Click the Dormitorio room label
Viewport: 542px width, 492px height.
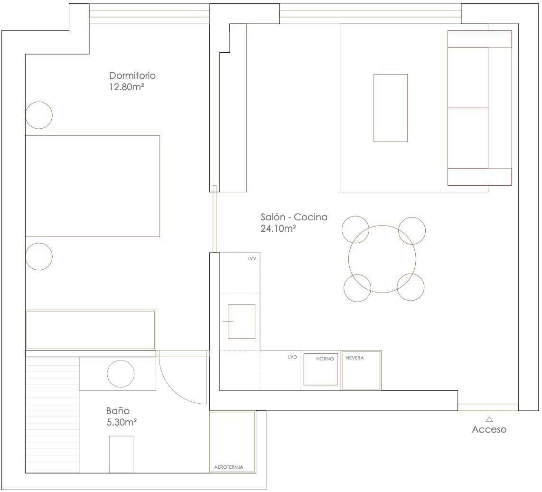(x=132, y=76)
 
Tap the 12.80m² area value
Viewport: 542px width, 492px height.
(x=126, y=87)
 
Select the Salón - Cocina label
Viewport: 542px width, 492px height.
(x=294, y=217)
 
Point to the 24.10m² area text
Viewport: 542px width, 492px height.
(x=278, y=228)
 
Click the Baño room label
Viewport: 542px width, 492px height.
(x=118, y=411)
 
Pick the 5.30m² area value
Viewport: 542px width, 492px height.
(x=121, y=422)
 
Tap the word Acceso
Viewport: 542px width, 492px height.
(x=489, y=429)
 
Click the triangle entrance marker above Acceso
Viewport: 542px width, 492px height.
(x=489, y=419)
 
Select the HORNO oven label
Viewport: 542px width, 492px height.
(x=325, y=359)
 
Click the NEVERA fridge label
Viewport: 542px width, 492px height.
(x=355, y=358)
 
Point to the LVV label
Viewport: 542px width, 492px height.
(x=252, y=258)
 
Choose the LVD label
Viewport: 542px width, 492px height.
(x=292, y=357)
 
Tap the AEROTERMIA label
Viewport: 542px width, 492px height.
(x=228, y=467)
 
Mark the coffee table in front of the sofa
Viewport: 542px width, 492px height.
(x=391, y=108)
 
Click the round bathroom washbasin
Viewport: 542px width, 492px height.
(x=121, y=374)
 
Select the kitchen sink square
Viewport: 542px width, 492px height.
(x=241, y=322)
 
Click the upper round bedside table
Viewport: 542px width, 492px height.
(x=39, y=115)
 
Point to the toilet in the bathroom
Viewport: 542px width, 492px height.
(x=121, y=454)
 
